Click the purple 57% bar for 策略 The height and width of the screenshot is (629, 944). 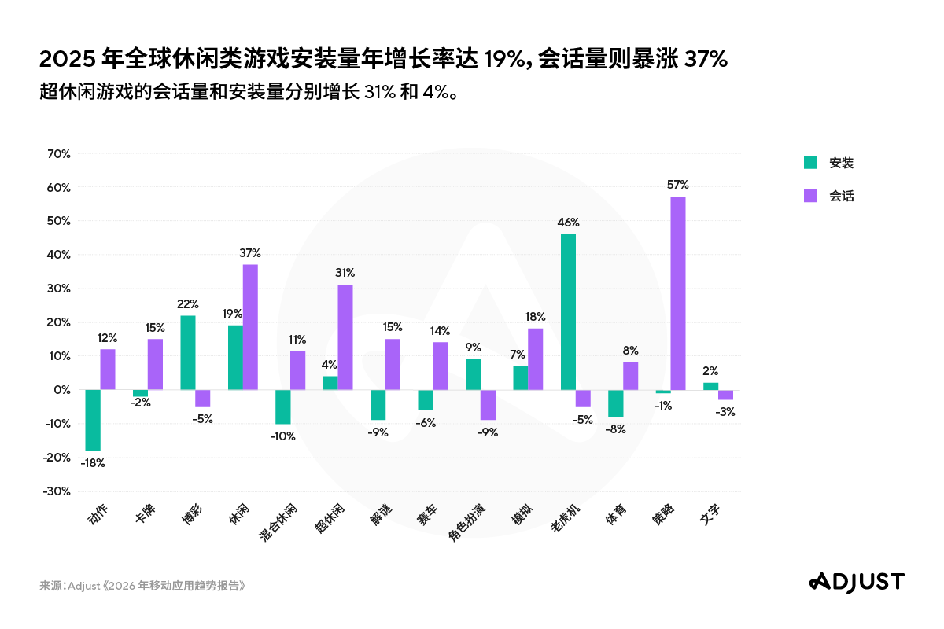(x=677, y=292)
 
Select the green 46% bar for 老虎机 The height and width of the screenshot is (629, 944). (x=568, y=311)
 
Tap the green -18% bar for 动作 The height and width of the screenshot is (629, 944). (x=93, y=420)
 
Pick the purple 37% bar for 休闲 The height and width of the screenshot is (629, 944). (x=250, y=326)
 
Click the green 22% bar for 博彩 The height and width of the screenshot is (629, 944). (x=188, y=352)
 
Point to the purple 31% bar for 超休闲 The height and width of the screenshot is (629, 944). (x=345, y=337)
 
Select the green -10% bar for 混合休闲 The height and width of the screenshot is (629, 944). (x=282, y=406)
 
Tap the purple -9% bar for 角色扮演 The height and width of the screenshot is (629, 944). (x=488, y=405)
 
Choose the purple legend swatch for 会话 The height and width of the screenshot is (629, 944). (x=809, y=196)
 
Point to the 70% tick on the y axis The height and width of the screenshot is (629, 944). (x=59, y=154)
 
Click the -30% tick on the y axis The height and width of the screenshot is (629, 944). (x=57, y=491)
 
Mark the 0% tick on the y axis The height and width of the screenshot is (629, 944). (x=63, y=390)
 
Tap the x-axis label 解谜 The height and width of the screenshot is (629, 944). (x=382, y=515)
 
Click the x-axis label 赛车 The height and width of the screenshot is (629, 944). (x=429, y=515)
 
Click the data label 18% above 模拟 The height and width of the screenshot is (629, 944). (x=536, y=316)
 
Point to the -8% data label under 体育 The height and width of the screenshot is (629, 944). (x=614, y=429)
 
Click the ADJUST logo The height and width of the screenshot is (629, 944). (x=857, y=581)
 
